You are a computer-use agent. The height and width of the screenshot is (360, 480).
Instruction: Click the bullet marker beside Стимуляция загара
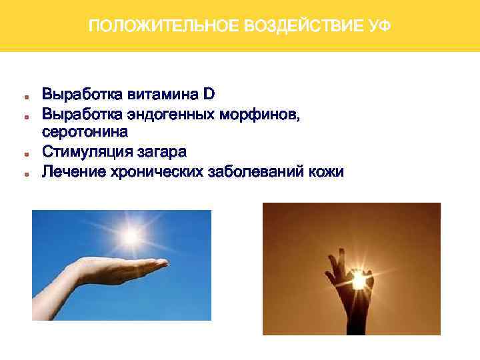(24, 153)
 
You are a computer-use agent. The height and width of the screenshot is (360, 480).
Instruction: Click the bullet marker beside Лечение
(24, 173)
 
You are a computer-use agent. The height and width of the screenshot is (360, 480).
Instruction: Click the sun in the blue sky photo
(131, 235)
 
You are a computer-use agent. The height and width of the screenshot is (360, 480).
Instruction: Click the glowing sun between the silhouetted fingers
(359, 283)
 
